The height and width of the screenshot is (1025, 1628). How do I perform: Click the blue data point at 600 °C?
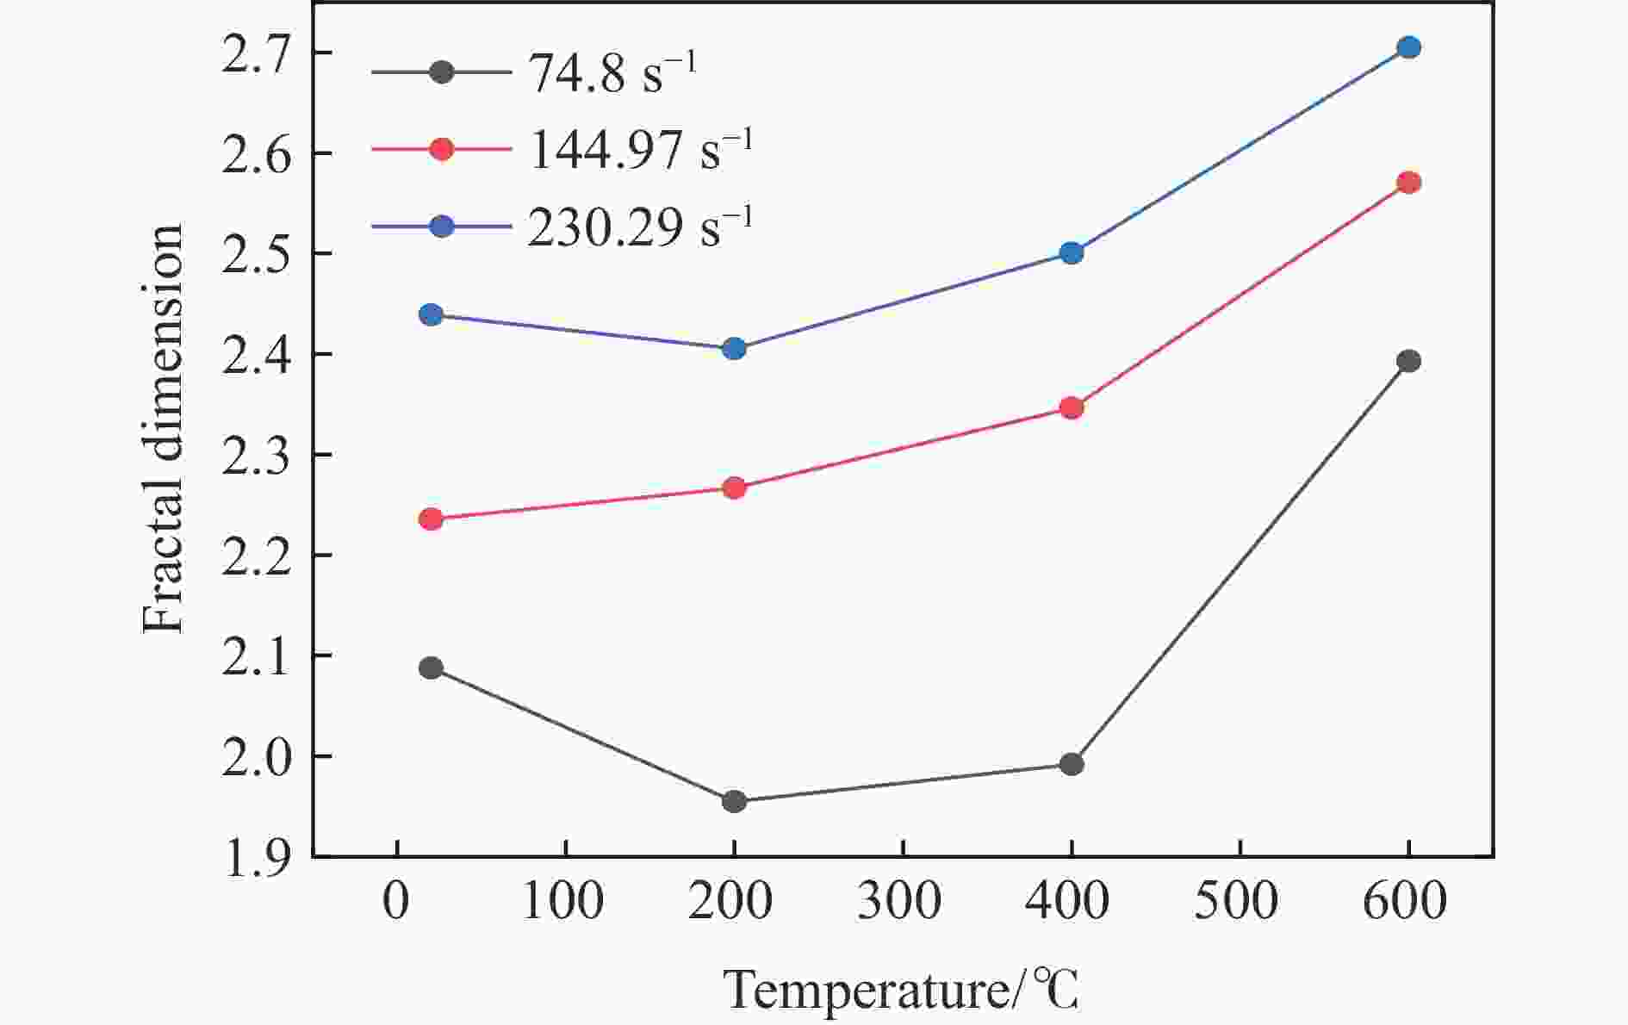(1408, 47)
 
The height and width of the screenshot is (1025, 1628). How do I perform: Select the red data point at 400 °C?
(1072, 407)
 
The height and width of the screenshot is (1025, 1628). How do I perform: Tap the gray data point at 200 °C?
(734, 802)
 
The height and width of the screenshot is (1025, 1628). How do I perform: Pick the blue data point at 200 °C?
(734, 349)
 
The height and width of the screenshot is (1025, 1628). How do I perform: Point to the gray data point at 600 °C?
(1408, 361)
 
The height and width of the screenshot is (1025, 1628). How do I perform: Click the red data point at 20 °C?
(431, 519)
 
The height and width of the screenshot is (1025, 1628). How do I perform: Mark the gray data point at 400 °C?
(1072, 764)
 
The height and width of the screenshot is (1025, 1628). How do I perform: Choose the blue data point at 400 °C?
(1072, 253)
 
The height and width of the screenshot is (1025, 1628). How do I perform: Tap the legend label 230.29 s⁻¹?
(640, 227)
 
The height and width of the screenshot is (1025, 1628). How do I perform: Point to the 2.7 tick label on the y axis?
(256, 55)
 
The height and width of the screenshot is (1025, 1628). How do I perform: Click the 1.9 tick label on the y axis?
(256, 859)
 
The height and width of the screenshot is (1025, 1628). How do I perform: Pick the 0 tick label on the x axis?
(396, 902)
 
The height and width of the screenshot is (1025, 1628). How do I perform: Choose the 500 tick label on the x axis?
(1239, 902)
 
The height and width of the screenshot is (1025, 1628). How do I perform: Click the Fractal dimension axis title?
(164, 429)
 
